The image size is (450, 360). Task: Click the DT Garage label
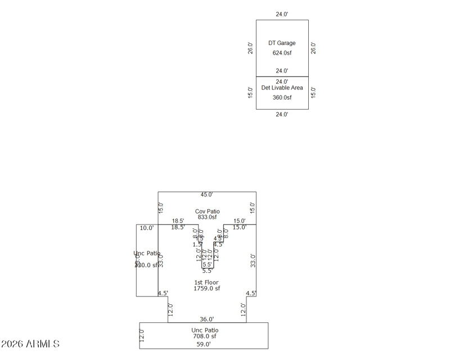click(x=282, y=43)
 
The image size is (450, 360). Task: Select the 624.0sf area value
click(x=282, y=53)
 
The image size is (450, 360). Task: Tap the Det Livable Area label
click(x=282, y=88)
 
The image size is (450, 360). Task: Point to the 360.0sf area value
click(x=282, y=97)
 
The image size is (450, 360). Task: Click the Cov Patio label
click(x=207, y=211)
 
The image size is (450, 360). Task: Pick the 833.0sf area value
click(x=207, y=217)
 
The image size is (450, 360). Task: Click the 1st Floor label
click(x=206, y=282)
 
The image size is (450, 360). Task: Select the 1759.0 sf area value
click(x=206, y=289)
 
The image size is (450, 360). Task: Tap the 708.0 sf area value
click(x=204, y=336)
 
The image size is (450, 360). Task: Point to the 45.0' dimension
click(x=207, y=195)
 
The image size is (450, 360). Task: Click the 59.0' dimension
click(x=204, y=344)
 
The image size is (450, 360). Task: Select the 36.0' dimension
click(x=206, y=319)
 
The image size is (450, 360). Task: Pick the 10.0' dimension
click(x=147, y=228)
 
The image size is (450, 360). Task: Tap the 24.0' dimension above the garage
click(x=282, y=15)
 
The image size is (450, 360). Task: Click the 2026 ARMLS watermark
click(x=30, y=344)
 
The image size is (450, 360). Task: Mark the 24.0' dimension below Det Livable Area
click(x=282, y=114)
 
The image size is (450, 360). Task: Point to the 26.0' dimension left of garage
click(x=251, y=48)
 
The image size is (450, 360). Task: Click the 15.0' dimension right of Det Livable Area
click(x=313, y=92)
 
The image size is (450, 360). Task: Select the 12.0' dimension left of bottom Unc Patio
click(x=142, y=336)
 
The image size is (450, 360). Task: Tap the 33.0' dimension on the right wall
click(x=253, y=260)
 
